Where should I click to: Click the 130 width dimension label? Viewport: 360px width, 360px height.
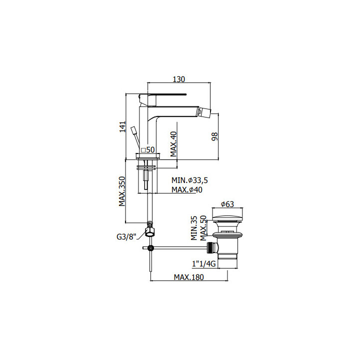pos(178,79)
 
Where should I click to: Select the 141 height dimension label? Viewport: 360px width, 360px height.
pos(123,126)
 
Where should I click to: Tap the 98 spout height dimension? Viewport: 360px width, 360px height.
pos(214,136)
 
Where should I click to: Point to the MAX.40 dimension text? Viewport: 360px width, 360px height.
pos(174,144)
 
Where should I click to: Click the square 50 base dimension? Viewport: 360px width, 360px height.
pos(148,149)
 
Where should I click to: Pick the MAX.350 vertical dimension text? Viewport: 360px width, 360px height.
pos(122,191)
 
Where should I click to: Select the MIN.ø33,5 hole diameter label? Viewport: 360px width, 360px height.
pos(189,180)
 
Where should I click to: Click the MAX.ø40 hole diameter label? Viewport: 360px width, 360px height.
pos(187,190)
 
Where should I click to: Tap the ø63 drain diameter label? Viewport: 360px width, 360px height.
pos(227,204)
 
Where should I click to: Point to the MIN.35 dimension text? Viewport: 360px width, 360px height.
pos(194,228)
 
